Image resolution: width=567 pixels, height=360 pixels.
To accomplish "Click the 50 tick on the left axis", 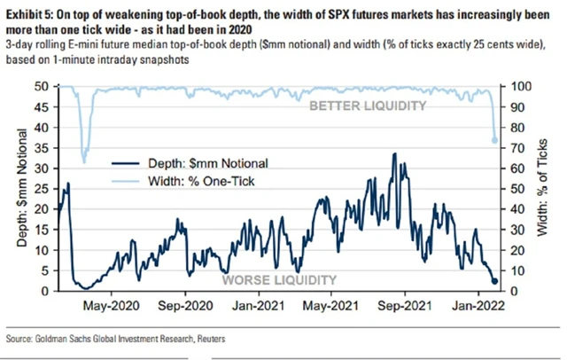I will click(x=41, y=86).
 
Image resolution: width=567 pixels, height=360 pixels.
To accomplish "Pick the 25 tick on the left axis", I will click(x=41, y=189).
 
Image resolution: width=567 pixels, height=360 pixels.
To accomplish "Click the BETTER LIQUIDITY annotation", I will click(x=366, y=106).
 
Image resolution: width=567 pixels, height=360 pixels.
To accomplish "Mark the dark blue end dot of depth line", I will click(x=494, y=282).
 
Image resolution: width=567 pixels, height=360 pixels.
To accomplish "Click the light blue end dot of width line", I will click(x=494, y=140).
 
